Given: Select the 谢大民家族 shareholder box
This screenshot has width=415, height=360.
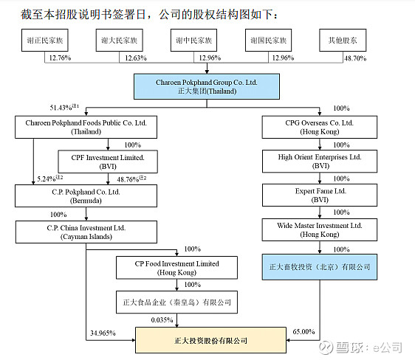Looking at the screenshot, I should [117, 41].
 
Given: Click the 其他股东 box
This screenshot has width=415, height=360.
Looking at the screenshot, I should [342, 41].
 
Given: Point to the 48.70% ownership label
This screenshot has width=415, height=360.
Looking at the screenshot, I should [354, 58].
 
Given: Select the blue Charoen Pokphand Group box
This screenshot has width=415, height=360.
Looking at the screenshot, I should [207, 87].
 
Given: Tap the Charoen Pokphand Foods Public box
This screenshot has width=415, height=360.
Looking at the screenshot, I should [87, 127].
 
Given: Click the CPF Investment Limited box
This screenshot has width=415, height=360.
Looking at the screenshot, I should [108, 161].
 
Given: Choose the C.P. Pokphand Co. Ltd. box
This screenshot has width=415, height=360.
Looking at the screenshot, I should [86, 195].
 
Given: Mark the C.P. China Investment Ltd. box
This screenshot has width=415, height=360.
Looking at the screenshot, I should [86, 232].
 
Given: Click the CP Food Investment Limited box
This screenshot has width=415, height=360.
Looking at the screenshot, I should [177, 267].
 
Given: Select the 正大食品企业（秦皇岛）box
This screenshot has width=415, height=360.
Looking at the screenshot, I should [177, 302].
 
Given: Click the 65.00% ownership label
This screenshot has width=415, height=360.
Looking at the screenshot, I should [303, 333].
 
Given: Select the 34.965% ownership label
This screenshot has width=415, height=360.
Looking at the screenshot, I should [102, 333].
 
